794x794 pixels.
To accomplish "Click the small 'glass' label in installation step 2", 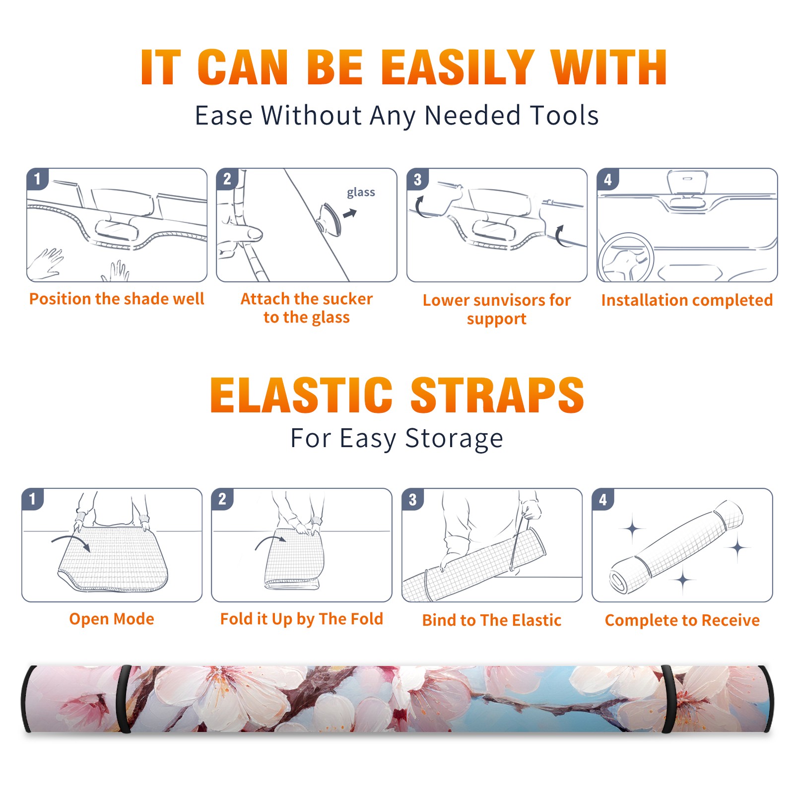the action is (x=361, y=193).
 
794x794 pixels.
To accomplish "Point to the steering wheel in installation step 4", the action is (x=625, y=258).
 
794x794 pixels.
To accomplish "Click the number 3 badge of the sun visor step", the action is (x=417, y=179).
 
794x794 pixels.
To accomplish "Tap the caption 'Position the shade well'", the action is (x=117, y=299).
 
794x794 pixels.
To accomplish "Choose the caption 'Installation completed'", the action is (x=687, y=300).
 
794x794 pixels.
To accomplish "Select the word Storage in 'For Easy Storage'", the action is (x=454, y=439).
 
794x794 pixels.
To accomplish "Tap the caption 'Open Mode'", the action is (x=112, y=619).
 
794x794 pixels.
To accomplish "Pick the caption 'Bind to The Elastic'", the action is (x=492, y=620).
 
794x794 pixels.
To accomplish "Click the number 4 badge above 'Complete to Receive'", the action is (x=603, y=499).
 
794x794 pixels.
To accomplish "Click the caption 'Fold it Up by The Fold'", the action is (x=302, y=619).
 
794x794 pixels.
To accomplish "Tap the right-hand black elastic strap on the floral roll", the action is (x=668, y=699).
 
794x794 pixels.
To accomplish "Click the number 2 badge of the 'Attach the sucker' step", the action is (x=227, y=179).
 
